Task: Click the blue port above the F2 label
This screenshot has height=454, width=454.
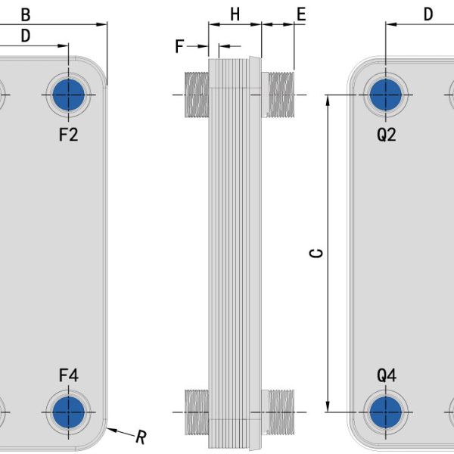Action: click(69, 95)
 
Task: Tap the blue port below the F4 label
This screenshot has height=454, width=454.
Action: click(69, 412)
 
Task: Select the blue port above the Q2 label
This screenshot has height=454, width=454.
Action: click(386, 95)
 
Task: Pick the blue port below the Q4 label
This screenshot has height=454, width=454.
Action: click(386, 412)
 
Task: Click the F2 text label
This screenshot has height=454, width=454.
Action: click(69, 135)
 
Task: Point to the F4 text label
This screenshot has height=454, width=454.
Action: click(69, 375)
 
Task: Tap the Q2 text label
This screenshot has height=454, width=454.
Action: click(387, 135)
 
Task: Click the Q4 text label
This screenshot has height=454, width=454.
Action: click(387, 375)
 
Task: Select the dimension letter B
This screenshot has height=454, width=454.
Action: click(26, 15)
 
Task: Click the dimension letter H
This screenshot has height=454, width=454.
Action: click(235, 14)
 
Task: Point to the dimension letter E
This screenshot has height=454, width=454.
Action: click(301, 14)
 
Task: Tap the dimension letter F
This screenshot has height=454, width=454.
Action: click(179, 46)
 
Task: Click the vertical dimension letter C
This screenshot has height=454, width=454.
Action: click(316, 253)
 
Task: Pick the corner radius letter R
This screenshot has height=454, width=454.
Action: click(141, 437)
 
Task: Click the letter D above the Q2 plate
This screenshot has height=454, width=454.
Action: click(428, 14)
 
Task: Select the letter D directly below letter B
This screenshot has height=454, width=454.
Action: click(26, 36)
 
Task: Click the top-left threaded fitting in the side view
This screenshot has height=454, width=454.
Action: click(197, 95)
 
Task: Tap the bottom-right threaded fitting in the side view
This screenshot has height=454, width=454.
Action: click(278, 412)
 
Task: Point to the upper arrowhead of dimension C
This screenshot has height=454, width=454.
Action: click(328, 100)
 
